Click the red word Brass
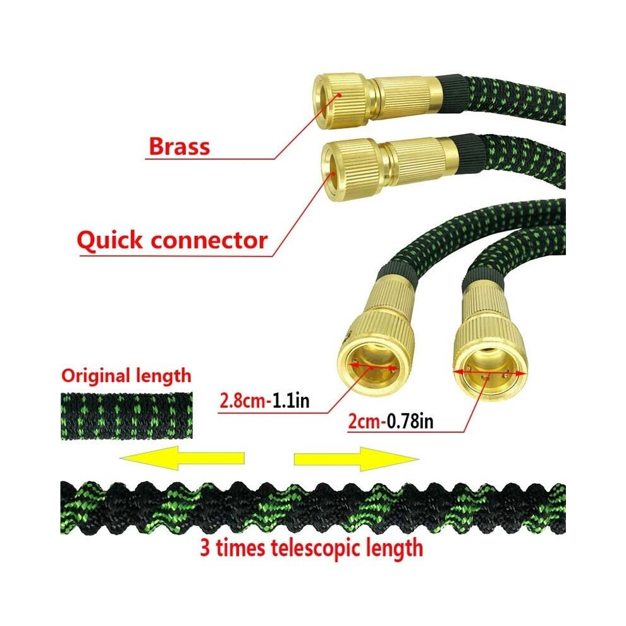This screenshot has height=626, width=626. [179, 147]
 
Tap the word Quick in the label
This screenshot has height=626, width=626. [109, 241]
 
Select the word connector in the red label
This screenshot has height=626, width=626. [209, 240]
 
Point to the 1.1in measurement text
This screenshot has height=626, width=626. [291, 400]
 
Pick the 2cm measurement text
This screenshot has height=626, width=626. [364, 422]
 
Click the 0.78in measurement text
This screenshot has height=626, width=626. [410, 422]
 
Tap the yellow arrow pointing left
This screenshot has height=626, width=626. [182, 458]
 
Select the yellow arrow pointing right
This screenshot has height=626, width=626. [356, 458]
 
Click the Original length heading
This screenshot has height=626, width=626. [126, 376]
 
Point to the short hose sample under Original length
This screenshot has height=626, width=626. [126, 416]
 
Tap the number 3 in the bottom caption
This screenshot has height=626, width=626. [205, 548]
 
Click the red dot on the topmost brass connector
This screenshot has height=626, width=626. [339, 95]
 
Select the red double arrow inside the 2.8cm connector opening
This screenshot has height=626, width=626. [374, 367]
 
